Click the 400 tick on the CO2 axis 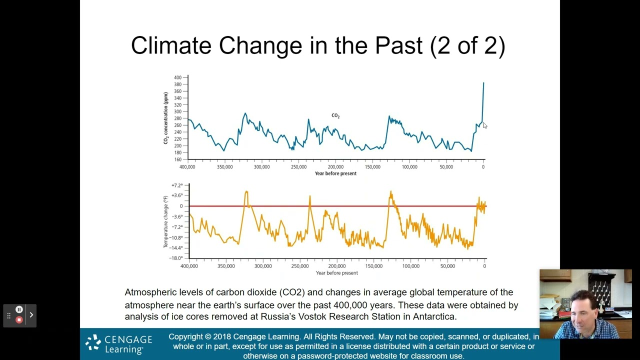pos(178,77)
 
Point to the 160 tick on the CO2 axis pos(178,159)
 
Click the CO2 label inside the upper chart pos(335,115)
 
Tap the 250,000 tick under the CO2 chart pos(298,167)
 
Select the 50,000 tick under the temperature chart pos(447,266)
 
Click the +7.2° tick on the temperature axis pos(177,185)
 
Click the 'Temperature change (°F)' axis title pos(165,221)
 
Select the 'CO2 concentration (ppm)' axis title pos(165,118)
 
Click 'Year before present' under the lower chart pos(336,273)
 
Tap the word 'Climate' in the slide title pos(171,45)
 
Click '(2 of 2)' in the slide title pos(467,45)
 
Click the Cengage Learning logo pos(119,344)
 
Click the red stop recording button pos(19,320)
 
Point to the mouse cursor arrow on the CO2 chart pos(484,125)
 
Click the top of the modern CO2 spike pos(483,83)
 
